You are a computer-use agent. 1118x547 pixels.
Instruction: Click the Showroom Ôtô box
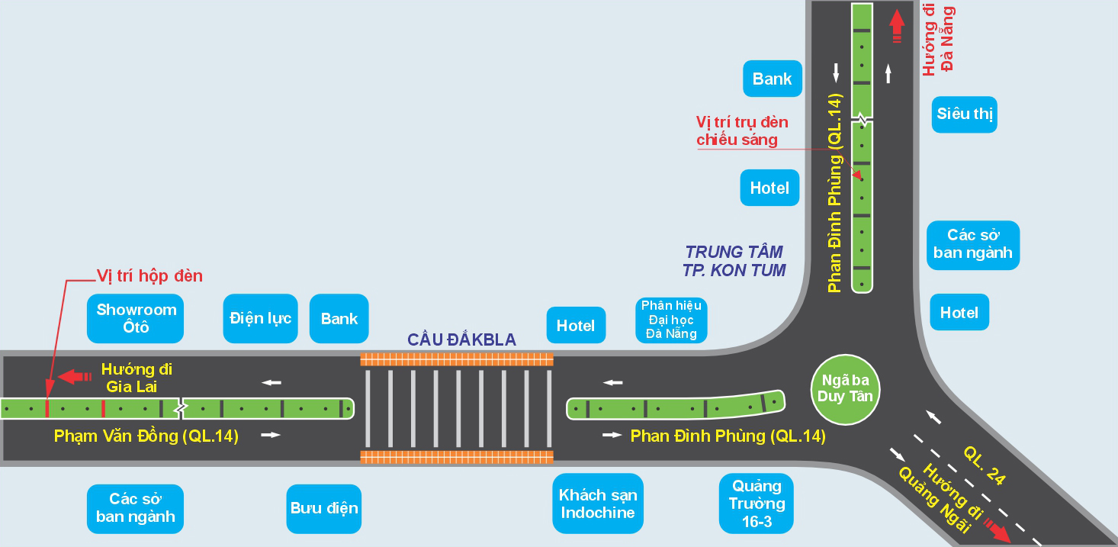point(136,319)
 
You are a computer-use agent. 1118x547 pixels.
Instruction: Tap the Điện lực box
point(260,318)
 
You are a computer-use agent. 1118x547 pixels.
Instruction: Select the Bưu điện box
point(324,508)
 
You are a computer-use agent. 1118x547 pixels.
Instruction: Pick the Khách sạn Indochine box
point(598,504)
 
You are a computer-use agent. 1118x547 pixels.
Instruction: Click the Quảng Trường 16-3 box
point(757,504)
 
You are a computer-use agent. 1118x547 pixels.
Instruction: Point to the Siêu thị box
point(964,114)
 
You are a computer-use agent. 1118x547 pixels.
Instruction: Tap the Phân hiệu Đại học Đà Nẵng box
point(671,320)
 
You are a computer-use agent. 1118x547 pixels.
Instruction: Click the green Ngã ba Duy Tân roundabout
point(845,388)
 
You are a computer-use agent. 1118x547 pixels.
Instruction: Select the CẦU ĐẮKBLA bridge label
point(461,339)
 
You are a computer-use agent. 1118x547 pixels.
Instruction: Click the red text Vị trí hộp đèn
point(149,275)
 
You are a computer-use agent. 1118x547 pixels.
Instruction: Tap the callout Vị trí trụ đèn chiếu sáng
point(742,130)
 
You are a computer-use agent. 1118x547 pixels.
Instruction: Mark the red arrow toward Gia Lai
point(75,376)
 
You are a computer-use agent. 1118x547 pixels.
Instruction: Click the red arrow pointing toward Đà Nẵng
point(897,27)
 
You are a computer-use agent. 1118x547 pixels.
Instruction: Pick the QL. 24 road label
point(985,466)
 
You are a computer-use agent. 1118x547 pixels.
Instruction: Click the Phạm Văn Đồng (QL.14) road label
point(146,436)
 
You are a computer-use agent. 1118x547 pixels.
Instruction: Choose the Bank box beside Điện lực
point(339,319)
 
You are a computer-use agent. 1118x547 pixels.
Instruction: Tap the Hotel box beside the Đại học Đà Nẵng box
point(576,326)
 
